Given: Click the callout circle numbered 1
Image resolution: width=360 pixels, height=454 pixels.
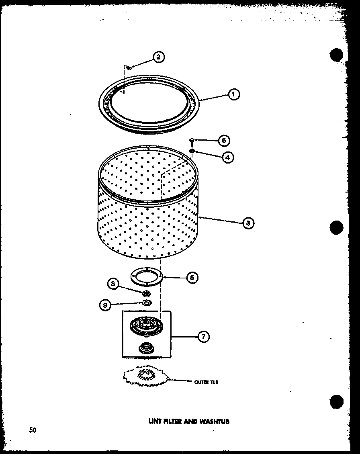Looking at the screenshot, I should tap(233, 94).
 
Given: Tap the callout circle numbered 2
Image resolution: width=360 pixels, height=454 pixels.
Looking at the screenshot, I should tap(158, 57).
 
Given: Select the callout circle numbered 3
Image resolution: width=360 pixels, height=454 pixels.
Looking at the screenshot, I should tap(248, 223).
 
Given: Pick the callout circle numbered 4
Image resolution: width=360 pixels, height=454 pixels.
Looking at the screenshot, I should tap(227, 157).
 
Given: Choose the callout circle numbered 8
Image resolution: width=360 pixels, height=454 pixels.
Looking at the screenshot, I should tap(114, 284).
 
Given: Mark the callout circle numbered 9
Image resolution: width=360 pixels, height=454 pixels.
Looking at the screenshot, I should tap(105, 305).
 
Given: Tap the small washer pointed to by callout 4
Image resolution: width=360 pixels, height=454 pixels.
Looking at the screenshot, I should tap(192, 151).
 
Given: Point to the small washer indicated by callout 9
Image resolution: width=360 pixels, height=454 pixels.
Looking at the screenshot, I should tap(147, 302).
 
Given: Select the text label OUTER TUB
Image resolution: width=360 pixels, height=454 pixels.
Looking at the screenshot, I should tap(206, 382).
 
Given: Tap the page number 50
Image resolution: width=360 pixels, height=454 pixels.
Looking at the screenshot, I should tap(33, 430).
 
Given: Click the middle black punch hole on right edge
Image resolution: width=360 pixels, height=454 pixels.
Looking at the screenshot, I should tap(337, 227).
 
